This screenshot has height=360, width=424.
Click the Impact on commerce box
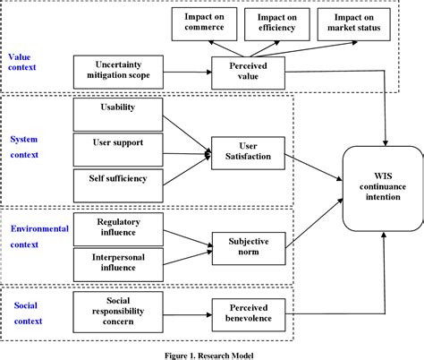tap(204, 24)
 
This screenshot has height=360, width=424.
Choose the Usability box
tap(118, 115)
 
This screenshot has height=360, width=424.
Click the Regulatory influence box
tap(118, 227)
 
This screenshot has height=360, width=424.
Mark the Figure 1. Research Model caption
tap(211, 352)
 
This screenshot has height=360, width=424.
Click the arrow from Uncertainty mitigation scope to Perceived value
tap(187, 72)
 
